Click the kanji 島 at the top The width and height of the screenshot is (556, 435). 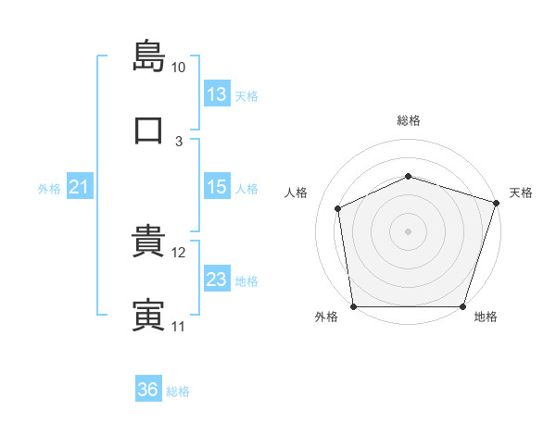[148, 56]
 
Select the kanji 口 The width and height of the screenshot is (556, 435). [148, 130]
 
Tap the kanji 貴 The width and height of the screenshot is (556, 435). [148, 241]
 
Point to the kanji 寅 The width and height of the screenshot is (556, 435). [148, 315]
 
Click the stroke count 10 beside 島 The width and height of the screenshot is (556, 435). [178, 68]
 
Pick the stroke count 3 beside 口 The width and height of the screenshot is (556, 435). [179, 142]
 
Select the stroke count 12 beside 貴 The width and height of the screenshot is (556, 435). [178, 253]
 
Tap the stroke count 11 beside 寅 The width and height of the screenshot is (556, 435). [178, 327]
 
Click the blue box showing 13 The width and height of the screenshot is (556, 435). [217, 93]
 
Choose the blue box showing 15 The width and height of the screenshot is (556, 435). [217, 186]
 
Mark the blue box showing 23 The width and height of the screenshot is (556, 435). [217, 278]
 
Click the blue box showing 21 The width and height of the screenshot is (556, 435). [80, 186]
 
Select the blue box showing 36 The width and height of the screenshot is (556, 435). [148, 388]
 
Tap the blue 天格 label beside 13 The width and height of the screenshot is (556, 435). [246, 96]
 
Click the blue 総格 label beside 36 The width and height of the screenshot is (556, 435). [178, 391]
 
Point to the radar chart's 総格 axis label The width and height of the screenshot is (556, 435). [409, 120]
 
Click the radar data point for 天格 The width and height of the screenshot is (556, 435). [497, 203]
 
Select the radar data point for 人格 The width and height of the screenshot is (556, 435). [337, 208]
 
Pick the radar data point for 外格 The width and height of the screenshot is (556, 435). [354, 306]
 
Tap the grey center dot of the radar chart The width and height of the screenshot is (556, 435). [408, 231]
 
